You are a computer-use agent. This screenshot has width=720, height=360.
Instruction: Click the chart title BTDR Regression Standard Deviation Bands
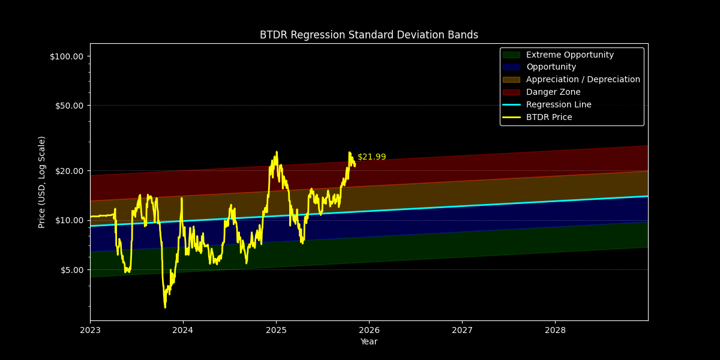pos(368,35)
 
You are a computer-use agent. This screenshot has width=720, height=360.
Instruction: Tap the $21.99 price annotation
pos(371,157)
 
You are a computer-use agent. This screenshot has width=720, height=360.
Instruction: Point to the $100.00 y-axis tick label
pos(66,56)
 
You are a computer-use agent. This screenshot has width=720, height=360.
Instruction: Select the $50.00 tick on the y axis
pos(68,106)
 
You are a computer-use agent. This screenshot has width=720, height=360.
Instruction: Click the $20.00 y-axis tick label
pos(68,171)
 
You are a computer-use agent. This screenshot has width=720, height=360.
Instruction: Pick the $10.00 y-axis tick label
pos(68,220)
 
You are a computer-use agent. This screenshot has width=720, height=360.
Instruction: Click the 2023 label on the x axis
pos(90,330)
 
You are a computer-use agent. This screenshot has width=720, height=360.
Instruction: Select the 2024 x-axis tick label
pos(183,330)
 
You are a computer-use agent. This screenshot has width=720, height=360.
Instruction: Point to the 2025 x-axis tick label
pos(276,330)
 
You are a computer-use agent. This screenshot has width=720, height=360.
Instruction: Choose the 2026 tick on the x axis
pos(369,330)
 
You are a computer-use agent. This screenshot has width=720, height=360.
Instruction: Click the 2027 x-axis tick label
pos(462,330)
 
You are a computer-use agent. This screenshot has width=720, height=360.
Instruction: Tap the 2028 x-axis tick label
pos(555,330)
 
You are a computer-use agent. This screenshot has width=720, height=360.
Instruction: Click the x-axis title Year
pos(368,342)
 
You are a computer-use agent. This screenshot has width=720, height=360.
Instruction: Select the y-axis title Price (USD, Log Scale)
pos(42,182)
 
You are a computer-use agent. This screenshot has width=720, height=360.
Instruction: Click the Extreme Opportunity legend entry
pos(569,55)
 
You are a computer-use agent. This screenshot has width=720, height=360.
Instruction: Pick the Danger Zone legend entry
pos(553,92)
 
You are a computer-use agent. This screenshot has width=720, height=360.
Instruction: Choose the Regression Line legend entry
pos(558,105)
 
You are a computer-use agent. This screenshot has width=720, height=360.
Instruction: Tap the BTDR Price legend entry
pos(548,118)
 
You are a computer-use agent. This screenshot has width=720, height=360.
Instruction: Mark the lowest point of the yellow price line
pos(165,308)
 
